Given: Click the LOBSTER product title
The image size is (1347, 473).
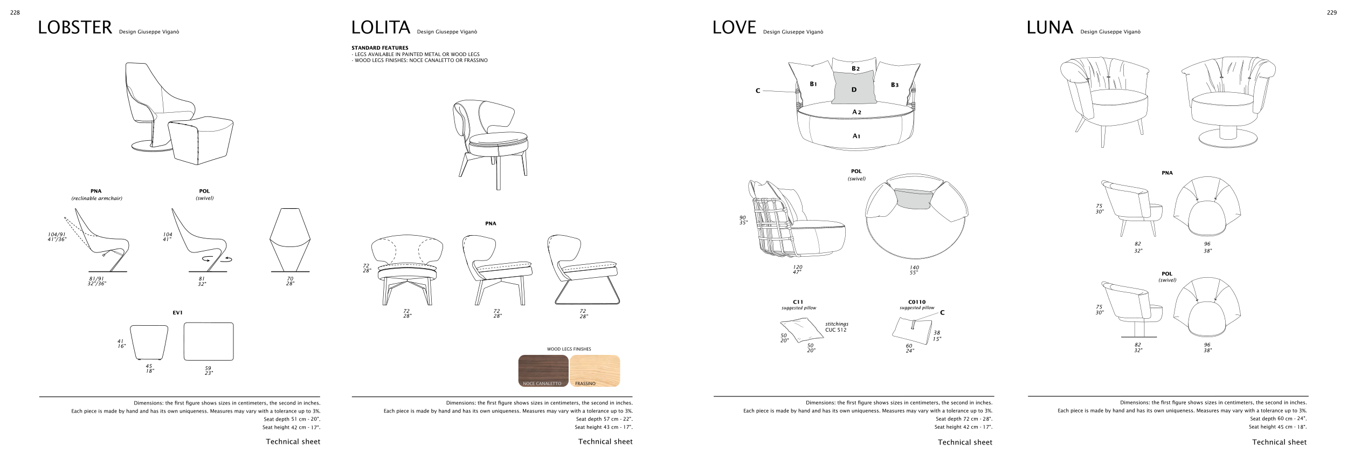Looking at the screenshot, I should (74, 28).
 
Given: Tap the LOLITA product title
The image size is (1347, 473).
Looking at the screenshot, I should (381, 28).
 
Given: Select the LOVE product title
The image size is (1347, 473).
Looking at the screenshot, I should (734, 28).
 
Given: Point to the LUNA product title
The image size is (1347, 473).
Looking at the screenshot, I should (1049, 28).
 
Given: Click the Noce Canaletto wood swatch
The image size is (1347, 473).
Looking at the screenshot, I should (543, 371).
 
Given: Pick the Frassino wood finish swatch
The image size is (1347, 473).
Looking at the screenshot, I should (595, 371).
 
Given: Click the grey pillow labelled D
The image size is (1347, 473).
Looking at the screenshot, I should (854, 88).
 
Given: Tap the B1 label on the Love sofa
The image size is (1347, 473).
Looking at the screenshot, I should (813, 84).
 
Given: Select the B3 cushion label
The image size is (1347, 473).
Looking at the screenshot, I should (894, 85).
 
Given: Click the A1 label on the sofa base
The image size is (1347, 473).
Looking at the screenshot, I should (856, 136).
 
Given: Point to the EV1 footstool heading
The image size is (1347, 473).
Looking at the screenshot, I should (177, 313).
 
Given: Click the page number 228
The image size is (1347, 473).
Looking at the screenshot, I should (15, 13).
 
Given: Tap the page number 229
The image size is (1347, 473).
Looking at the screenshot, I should (1331, 13).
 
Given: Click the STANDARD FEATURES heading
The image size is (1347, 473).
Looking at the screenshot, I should (379, 48).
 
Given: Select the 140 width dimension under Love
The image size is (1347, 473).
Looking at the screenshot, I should (914, 268).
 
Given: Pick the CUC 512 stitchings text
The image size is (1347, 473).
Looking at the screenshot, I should (835, 330).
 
